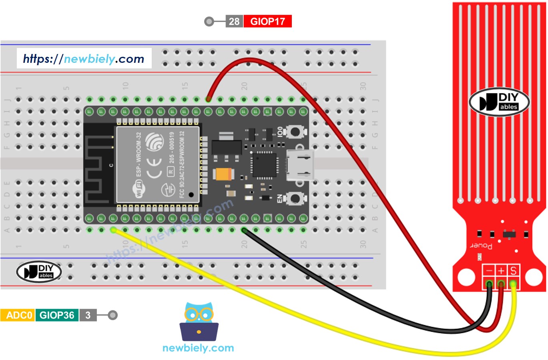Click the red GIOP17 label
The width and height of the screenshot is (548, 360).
(x=267, y=21)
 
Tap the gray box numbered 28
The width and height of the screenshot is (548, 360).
(x=234, y=21)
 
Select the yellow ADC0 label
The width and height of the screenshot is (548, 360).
(x=18, y=315)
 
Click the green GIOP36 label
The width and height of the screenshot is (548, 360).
(x=57, y=315)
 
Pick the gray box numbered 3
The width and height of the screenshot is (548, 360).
(x=88, y=315)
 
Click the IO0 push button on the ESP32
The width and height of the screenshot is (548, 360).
(x=295, y=131)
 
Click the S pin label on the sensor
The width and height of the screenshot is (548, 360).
(x=514, y=271)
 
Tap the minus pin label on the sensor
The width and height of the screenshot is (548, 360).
(x=489, y=271)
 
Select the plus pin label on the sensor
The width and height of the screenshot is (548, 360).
(x=501, y=271)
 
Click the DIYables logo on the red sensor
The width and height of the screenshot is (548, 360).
(x=499, y=102)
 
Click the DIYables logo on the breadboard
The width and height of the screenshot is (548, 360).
(x=39, y=272)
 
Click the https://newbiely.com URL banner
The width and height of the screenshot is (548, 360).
(x=84, y=59)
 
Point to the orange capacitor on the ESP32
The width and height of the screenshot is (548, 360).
(x=223, y=174)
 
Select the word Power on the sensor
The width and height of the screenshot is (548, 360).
(x=481, y=245)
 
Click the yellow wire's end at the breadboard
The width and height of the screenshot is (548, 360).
(x=114, y=230)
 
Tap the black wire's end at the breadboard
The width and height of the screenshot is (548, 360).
(x=244, y=230)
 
